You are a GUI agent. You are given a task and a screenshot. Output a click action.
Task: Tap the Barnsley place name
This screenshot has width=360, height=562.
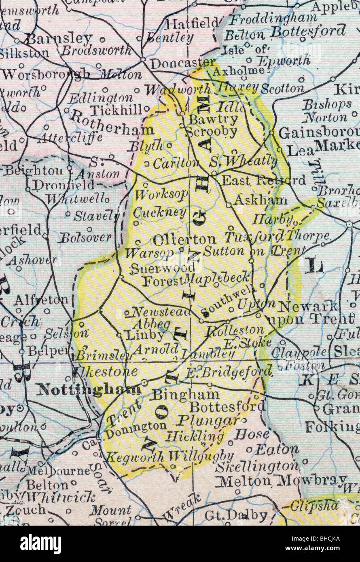[59, 39]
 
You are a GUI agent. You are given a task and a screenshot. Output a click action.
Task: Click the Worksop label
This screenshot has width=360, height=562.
[161, 194]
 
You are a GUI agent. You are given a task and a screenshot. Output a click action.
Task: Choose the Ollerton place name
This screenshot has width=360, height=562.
[184, 239]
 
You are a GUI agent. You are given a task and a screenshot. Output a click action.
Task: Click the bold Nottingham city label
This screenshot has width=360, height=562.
[89, 389]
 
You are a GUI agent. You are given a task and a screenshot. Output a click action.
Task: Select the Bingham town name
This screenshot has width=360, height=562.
[186, 394]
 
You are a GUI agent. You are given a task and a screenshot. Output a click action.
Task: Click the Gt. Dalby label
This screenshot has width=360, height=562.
[236, 516]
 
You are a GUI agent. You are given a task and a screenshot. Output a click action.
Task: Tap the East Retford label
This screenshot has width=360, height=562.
[264, 180]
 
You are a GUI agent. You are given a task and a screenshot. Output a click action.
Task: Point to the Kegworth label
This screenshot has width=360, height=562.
[135, 457]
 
